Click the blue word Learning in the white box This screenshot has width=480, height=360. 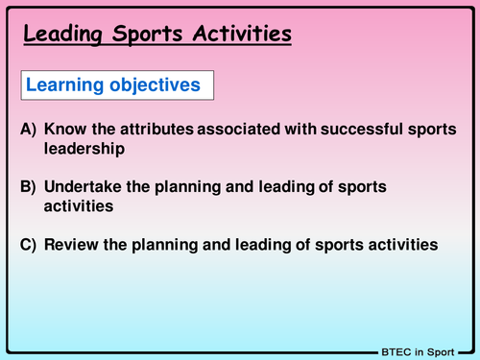pyautogui.click(x=63, y=85)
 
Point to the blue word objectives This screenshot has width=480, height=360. pyautogui.click(x=153, y=85)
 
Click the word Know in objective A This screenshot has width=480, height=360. pyautogui.click(x=64, y=129)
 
